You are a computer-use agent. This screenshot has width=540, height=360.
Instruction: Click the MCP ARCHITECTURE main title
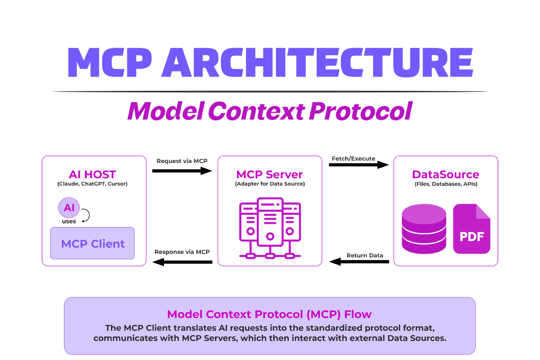pyautogui.click(x=270, y=62)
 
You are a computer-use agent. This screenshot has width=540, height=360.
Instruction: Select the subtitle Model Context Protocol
pyautogui.click(x=270, y=111)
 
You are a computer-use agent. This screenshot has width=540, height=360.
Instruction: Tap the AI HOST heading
pyautogui.click(x=92, y=174)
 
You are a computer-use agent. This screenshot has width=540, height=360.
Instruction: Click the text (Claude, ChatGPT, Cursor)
pyautogui.click(x=92, y=184)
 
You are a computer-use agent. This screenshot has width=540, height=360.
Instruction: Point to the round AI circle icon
pyautogui.click(x=69, y=208)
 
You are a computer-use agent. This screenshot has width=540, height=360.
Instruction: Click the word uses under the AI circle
pyautogui.click(x=69, y=222)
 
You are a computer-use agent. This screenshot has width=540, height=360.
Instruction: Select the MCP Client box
pyautogui.click(x=92, y=243)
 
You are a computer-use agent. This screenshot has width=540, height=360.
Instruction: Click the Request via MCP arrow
pyautogui.click(x=182, y=171)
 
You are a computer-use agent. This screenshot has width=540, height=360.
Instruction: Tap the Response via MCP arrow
pyautogui.click(x=182, y=262)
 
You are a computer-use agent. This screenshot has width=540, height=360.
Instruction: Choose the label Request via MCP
pyautogui.click(x=182, y=161)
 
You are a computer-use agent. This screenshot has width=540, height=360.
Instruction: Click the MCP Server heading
pyautogui.click(x=270, y=174)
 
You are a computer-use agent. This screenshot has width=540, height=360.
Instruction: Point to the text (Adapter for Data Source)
pyautogui.click(x=270, y=184)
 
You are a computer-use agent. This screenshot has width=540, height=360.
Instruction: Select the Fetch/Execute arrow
pyautogui.click(x=359, y=164)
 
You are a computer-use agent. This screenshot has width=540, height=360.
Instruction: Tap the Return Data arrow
pyautogui.click(x=359, y=262)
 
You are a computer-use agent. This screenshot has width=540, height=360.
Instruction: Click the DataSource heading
pyautogui.click(x=445, y=174)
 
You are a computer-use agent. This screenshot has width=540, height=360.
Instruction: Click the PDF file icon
pyautogui.click(x=471, y=229)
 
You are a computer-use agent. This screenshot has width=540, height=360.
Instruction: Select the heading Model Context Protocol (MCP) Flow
pyautogui.click(x=270, y=314)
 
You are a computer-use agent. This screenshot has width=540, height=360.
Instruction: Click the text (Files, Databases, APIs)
pyautogui.click(x=445, y=184)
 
